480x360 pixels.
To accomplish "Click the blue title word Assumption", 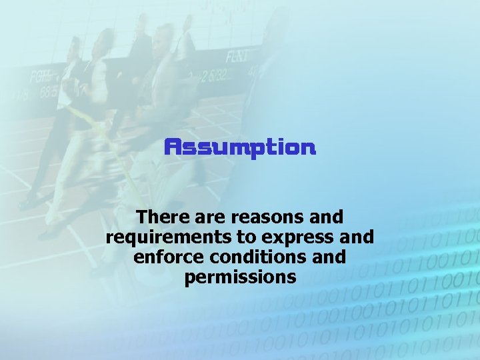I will click(240, 147).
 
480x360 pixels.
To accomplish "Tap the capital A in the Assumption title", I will click(172, 147).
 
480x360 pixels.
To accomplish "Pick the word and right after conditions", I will click(327, 257).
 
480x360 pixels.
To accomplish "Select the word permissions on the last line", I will click(240, 277).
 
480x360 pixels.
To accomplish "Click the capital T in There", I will click(140, 217).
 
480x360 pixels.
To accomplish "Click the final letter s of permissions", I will click(291, 277).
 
